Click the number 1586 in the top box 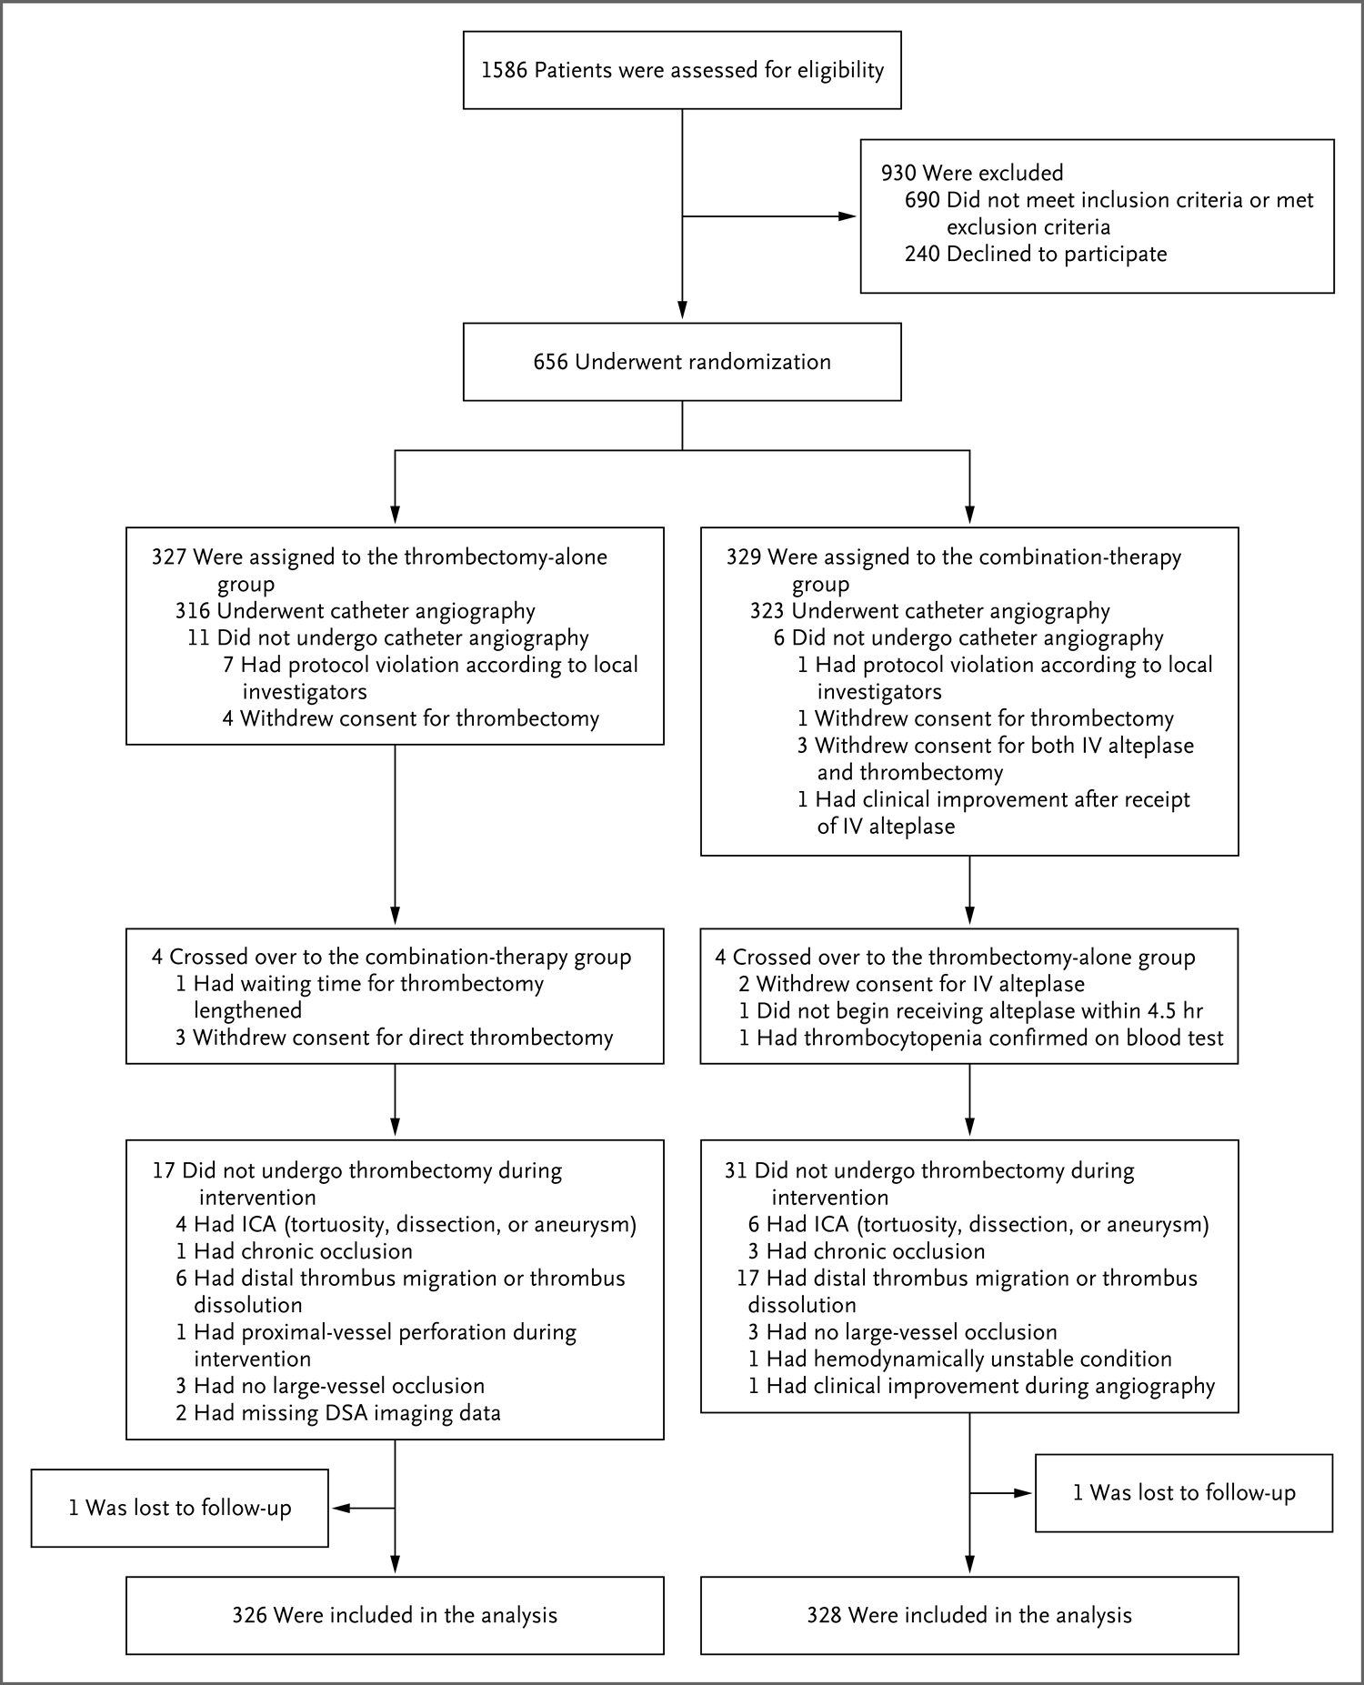(x=504, y=71)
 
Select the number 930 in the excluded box (x=898, y=173)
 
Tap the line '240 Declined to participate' (x=1035, y=254)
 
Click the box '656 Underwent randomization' (x=682, y=362)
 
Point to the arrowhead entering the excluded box (x=847, y=216)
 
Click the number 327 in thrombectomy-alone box (x=168, y=557)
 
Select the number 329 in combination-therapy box (x=743, y=557)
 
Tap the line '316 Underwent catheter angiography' (x=355, y=611)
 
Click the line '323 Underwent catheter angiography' (x=929, y=611)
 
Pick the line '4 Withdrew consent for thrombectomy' (x=410, y=718)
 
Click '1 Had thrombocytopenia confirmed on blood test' (x=980, y=1038)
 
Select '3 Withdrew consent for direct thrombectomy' (x=394, y=1038)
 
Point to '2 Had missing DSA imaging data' (x=337, y=1412)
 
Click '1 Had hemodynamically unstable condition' (x=959, y=1359)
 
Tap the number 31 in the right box (x=735, y=1170)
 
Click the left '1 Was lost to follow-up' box (x=179, y=1508)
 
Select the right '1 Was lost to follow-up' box (x=1183, y=1492)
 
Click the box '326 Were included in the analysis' (x=395, y=1615)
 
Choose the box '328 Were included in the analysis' (x=969, y=1615)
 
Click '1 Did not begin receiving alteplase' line (x=970, y=1010)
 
